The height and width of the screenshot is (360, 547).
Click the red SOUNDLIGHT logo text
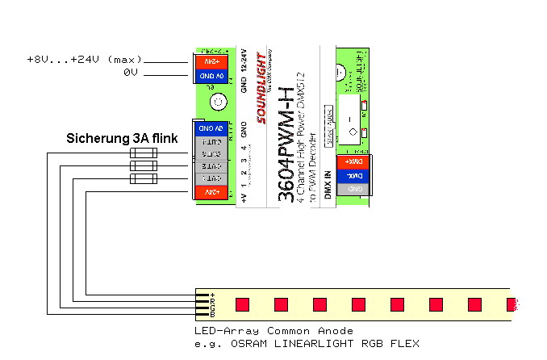(x=261, y=89)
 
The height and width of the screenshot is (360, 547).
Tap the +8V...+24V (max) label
(x=84, y=60)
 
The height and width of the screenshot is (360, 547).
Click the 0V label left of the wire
(x=132, y=73)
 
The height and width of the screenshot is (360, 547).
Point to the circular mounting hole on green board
(x=217, y=102)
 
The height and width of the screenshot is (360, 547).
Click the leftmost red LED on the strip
(x=241, y=304)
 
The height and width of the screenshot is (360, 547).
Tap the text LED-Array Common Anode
(x=273, y=331)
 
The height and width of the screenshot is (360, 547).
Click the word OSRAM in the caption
(x=245, y=344)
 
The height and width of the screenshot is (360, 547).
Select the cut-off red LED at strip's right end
(x=511, y=304)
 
